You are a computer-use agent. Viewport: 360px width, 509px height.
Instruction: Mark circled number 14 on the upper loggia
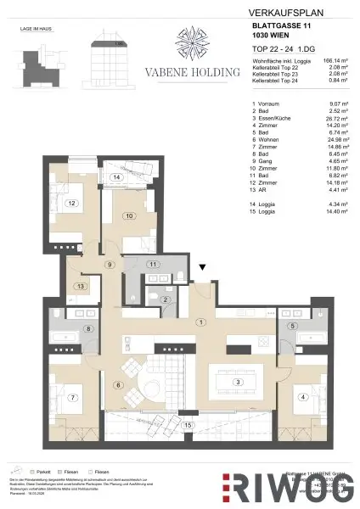(115, 177)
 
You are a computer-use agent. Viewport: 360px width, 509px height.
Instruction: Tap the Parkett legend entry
(40, 471)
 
